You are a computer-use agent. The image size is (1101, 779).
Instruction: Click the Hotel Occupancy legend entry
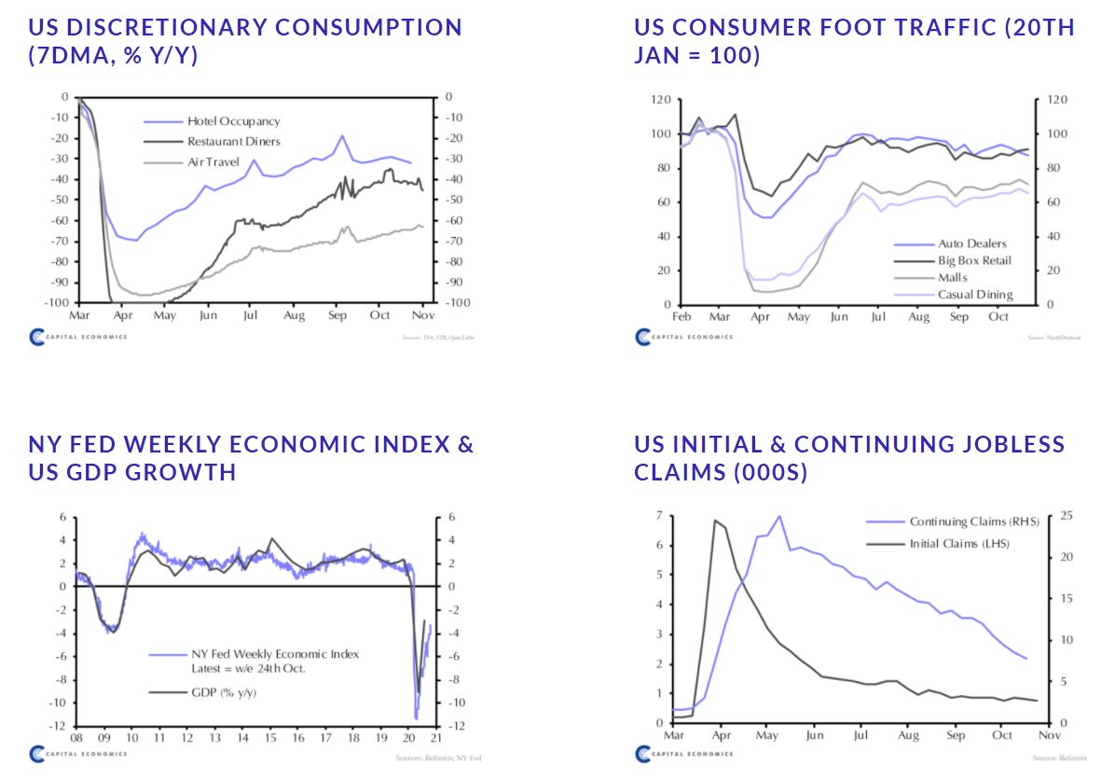pos(233,121)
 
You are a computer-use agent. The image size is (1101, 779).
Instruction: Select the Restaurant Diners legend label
pos(233,142)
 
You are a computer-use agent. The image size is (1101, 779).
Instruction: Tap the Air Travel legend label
pos(213,162)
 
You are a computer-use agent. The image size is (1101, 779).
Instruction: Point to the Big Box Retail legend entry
pos(974,260)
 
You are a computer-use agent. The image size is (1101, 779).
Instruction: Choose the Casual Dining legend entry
pos(974,294)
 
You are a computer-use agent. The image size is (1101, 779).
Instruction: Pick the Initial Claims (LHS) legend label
pos(959,543)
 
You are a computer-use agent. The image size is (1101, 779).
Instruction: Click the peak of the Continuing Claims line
pos(778,515)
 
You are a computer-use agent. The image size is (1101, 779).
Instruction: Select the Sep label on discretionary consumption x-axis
pos(337,316)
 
